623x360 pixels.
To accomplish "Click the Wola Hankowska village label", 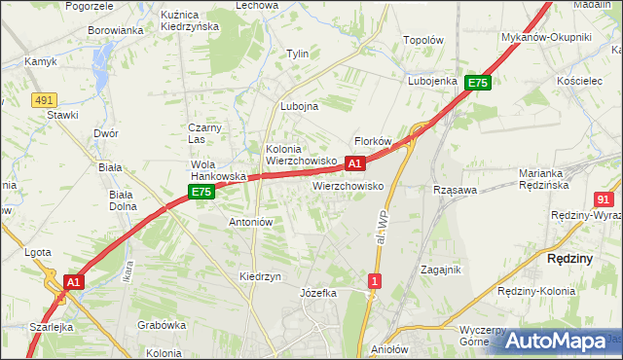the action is coord(216,170).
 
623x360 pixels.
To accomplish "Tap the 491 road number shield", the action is coord(43,99).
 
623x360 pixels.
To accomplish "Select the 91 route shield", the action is coord(603,198).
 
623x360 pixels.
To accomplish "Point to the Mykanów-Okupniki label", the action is coord(546,37).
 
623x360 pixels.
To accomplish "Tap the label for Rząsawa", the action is coord(456,190).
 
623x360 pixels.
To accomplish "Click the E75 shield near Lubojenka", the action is coord(477,84).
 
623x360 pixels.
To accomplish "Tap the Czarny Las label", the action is coord(206,133).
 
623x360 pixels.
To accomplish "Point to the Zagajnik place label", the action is coord(440,270).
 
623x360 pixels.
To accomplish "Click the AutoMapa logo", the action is coord(556,341).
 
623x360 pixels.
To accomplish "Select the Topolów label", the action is coord(423,41).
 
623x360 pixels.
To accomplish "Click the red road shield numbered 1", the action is coord(375,281).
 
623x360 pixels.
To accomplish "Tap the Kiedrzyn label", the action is coord(260,276).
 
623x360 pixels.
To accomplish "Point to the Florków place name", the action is coord(373,141).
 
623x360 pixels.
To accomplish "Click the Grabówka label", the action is coord(162,325).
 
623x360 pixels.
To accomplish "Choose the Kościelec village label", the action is coord(581,80).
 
